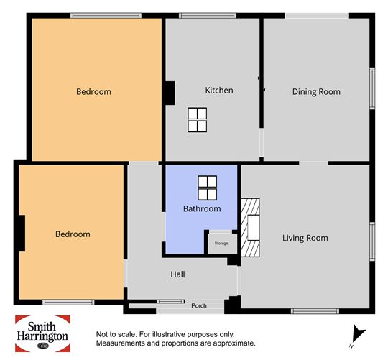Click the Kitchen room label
click(219, 91)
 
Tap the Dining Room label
click(316, 92)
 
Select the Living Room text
click(305, 238)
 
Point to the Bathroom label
click(202, 209)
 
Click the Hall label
click(177, 274)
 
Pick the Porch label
click(199, 306)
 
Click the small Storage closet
click(222, 244)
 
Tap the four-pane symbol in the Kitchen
click(197, 120)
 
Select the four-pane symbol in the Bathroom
click(208, 188)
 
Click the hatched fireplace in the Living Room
click(251, 228)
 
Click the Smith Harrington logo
click(42, 333)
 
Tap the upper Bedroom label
click(93, 92)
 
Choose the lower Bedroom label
click(73, 234)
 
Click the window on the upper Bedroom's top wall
click(106, 16)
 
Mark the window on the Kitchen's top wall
click(208, 16)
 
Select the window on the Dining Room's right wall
click(372, 88)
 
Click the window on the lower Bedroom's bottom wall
click(68, 302)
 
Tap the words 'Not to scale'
click(116, 335)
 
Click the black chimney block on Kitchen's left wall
click(170, 93)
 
